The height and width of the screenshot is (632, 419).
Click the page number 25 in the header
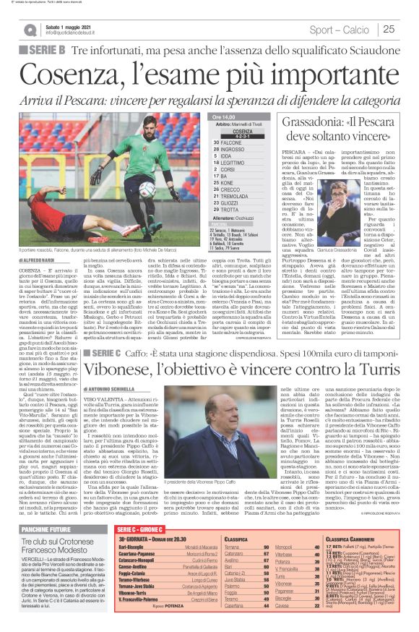point(387,29)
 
